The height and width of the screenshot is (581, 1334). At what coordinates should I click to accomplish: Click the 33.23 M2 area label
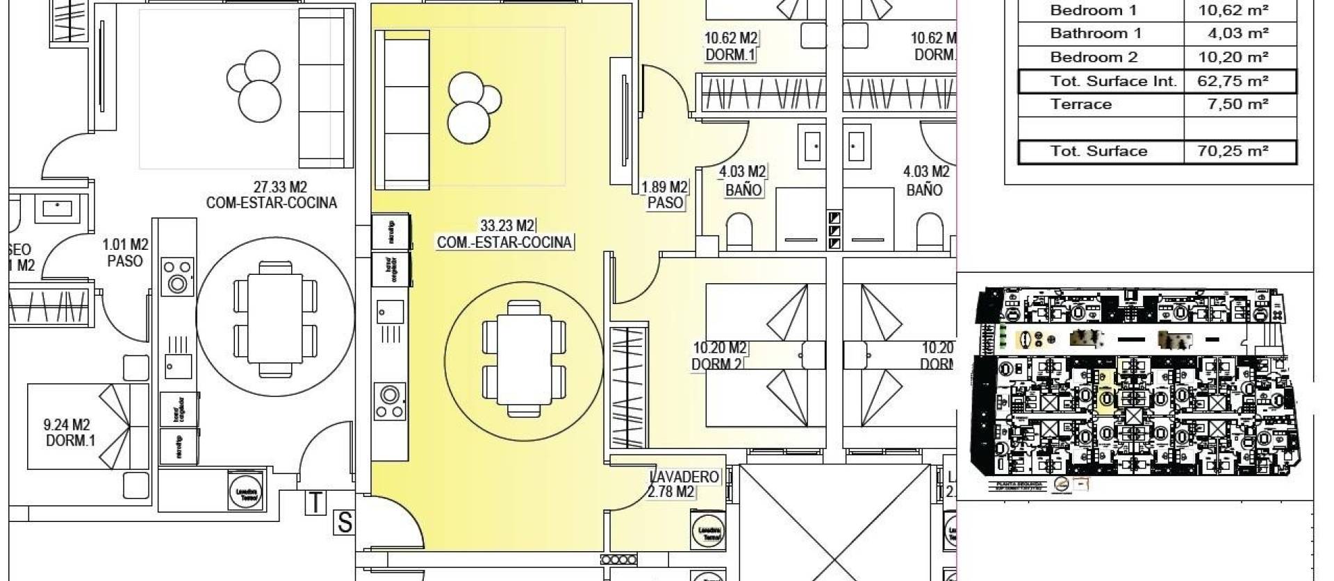(507, 226)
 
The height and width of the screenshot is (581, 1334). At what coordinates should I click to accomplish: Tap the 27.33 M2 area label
(280, 187)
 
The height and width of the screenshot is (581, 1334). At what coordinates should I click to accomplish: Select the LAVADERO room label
(684, 478)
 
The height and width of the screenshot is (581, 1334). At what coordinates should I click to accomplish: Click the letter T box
(316, 502)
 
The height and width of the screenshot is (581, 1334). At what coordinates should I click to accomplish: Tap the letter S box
(344, 522)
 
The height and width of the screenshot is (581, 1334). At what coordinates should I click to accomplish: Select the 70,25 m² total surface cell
(1233, 151)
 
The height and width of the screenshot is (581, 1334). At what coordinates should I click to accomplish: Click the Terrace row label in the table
(1080, 105)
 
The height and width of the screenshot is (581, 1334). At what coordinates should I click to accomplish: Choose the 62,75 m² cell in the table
(1233, 81)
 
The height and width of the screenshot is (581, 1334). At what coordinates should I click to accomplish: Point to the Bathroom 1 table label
(1095, 33)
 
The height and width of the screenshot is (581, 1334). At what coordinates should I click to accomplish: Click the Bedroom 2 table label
(1094, 57)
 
